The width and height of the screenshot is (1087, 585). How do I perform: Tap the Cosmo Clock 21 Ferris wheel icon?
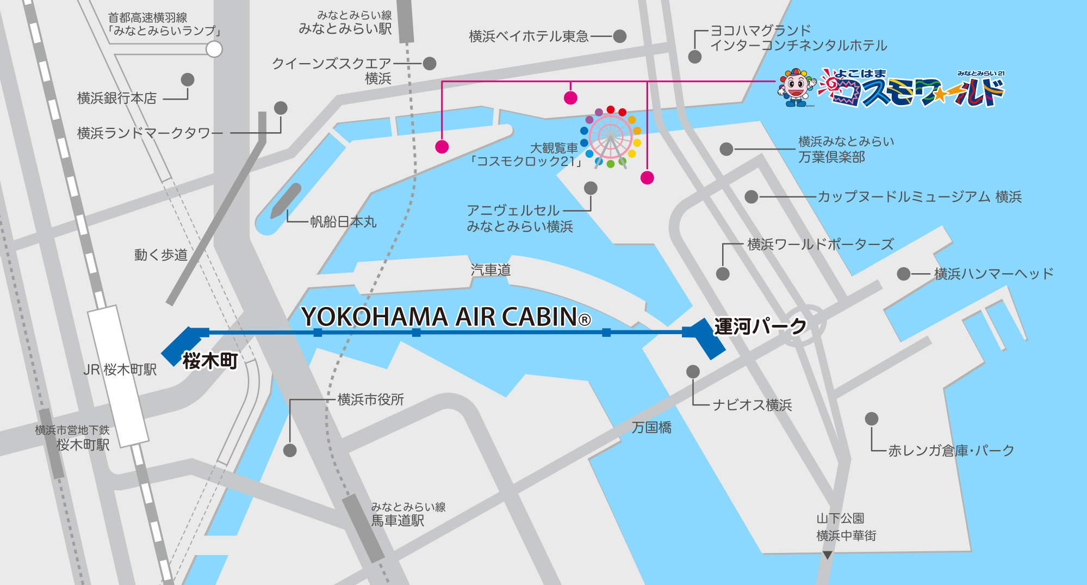(611, 137)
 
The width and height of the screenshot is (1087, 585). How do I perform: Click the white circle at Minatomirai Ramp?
(214, 50)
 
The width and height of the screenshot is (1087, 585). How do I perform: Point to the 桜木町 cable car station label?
(210, 361)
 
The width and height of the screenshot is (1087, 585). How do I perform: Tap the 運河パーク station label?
(760, 327)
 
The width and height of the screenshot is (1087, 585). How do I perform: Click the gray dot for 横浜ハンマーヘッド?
(903, 274)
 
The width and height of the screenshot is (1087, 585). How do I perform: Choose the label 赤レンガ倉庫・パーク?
(951, 451)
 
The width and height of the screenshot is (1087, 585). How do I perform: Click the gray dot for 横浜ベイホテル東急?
(619, 36)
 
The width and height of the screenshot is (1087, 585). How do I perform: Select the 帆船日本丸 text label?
(343, 222)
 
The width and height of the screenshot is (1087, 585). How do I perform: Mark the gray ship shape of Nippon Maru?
(286, 200)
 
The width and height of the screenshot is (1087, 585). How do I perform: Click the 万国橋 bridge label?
(651, 428)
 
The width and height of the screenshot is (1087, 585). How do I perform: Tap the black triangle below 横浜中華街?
(827, 555)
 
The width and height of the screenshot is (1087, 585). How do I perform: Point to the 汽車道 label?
(490, 270)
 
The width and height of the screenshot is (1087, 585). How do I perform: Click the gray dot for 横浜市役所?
(290, 450)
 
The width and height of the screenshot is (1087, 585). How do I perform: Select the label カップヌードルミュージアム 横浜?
(920, 197)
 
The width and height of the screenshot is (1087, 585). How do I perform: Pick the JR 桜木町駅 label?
(120, 370)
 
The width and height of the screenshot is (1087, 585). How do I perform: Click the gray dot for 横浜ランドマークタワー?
(281, 108)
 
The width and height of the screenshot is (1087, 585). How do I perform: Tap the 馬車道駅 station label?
(397, 521)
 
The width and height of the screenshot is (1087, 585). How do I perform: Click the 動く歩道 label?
(161, 255)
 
